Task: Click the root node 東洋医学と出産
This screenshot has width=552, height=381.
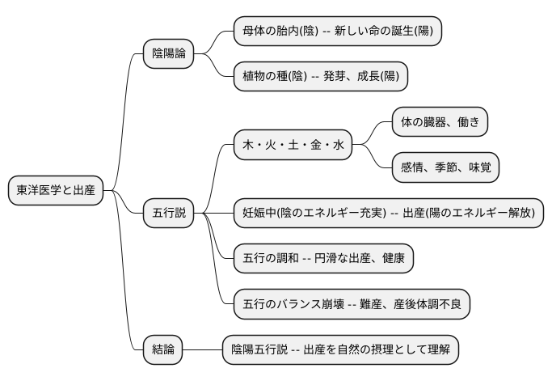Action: click(56, 191)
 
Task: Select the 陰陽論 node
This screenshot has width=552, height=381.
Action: click(169, 53)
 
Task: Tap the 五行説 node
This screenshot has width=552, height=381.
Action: click(169, 214)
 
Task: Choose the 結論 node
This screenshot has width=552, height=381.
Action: click(162, 350)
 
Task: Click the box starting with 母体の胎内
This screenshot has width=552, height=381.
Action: click(337, 31)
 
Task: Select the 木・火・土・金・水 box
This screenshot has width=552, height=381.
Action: click(293, 145)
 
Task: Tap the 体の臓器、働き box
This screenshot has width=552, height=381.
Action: click(440, 122)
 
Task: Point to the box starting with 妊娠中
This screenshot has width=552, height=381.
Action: click(388, 214)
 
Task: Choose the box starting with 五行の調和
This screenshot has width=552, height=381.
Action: click(323, 259)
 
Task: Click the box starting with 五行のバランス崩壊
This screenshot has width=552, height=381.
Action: click(352, 304)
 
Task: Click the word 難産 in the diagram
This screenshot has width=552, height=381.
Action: click(370, 304)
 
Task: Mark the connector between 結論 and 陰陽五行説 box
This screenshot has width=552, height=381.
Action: click(202, 350)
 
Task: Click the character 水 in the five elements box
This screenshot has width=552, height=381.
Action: click(338, 145)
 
